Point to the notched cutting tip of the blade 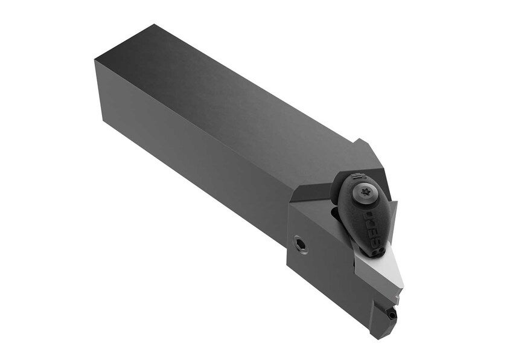(397, 297)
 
